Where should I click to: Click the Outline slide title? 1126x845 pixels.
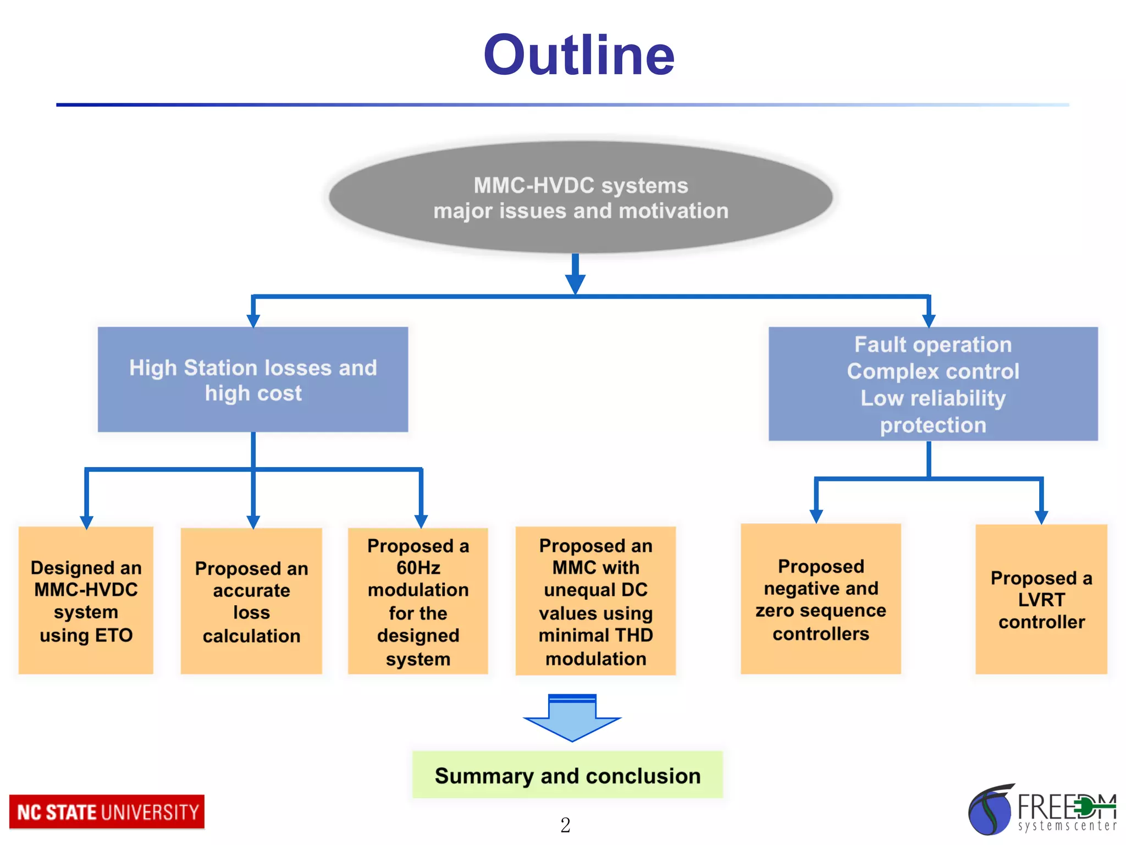point(578,55)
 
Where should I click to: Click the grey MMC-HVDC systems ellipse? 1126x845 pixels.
point(580,197)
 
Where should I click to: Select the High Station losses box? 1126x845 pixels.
point(253,380)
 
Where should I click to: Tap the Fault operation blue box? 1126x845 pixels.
point(933,383)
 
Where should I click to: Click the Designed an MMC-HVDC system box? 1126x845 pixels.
point(86,600)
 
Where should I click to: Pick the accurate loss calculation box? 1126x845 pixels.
point(251,601)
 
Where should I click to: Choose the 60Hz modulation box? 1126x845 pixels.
point(418,601)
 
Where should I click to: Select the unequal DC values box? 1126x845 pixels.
point(595,601)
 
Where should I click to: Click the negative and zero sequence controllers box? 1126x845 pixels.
point(820,599)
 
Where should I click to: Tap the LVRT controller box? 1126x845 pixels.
point(1041,599)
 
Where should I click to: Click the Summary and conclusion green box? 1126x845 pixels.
point(567,775)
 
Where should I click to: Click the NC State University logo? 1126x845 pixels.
point(107,812)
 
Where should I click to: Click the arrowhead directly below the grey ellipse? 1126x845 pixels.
point(575,283)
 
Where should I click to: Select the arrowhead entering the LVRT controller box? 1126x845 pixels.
point(1041,517)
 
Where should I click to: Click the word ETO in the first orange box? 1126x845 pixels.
point(113,635)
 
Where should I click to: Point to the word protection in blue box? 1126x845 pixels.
point(933,425)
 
